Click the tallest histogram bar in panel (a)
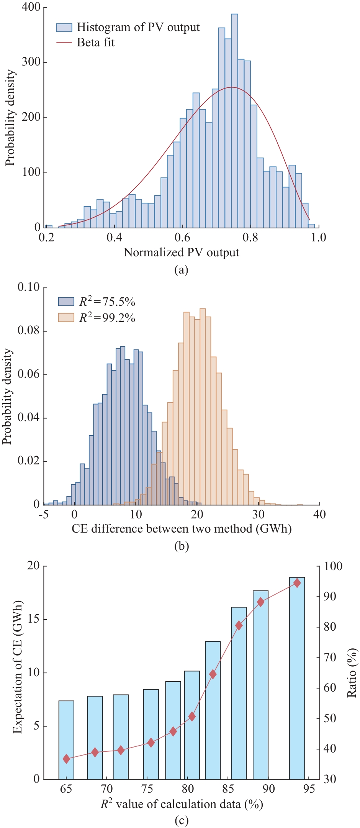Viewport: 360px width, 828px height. click(234, 121)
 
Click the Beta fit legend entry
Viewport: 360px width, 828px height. click(95, 42)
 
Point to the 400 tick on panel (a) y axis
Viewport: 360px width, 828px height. click(31, 7)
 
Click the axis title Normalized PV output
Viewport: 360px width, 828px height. click(181, 252)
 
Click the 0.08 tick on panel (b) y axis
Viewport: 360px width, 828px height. click(29, 331)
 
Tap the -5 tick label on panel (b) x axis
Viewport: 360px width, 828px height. click(44, 514)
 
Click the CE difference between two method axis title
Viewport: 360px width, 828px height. click(182, 529)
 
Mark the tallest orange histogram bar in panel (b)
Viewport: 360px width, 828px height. click(203, 406)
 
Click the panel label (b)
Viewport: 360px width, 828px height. click(181, 546)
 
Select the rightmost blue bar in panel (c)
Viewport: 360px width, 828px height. click(297, 678)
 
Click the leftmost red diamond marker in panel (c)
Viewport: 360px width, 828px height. click(66, 759)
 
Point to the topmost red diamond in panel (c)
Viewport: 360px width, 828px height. click(297, 583)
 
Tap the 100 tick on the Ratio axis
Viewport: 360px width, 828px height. click(333, 566)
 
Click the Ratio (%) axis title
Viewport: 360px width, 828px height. click(352, 673)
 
